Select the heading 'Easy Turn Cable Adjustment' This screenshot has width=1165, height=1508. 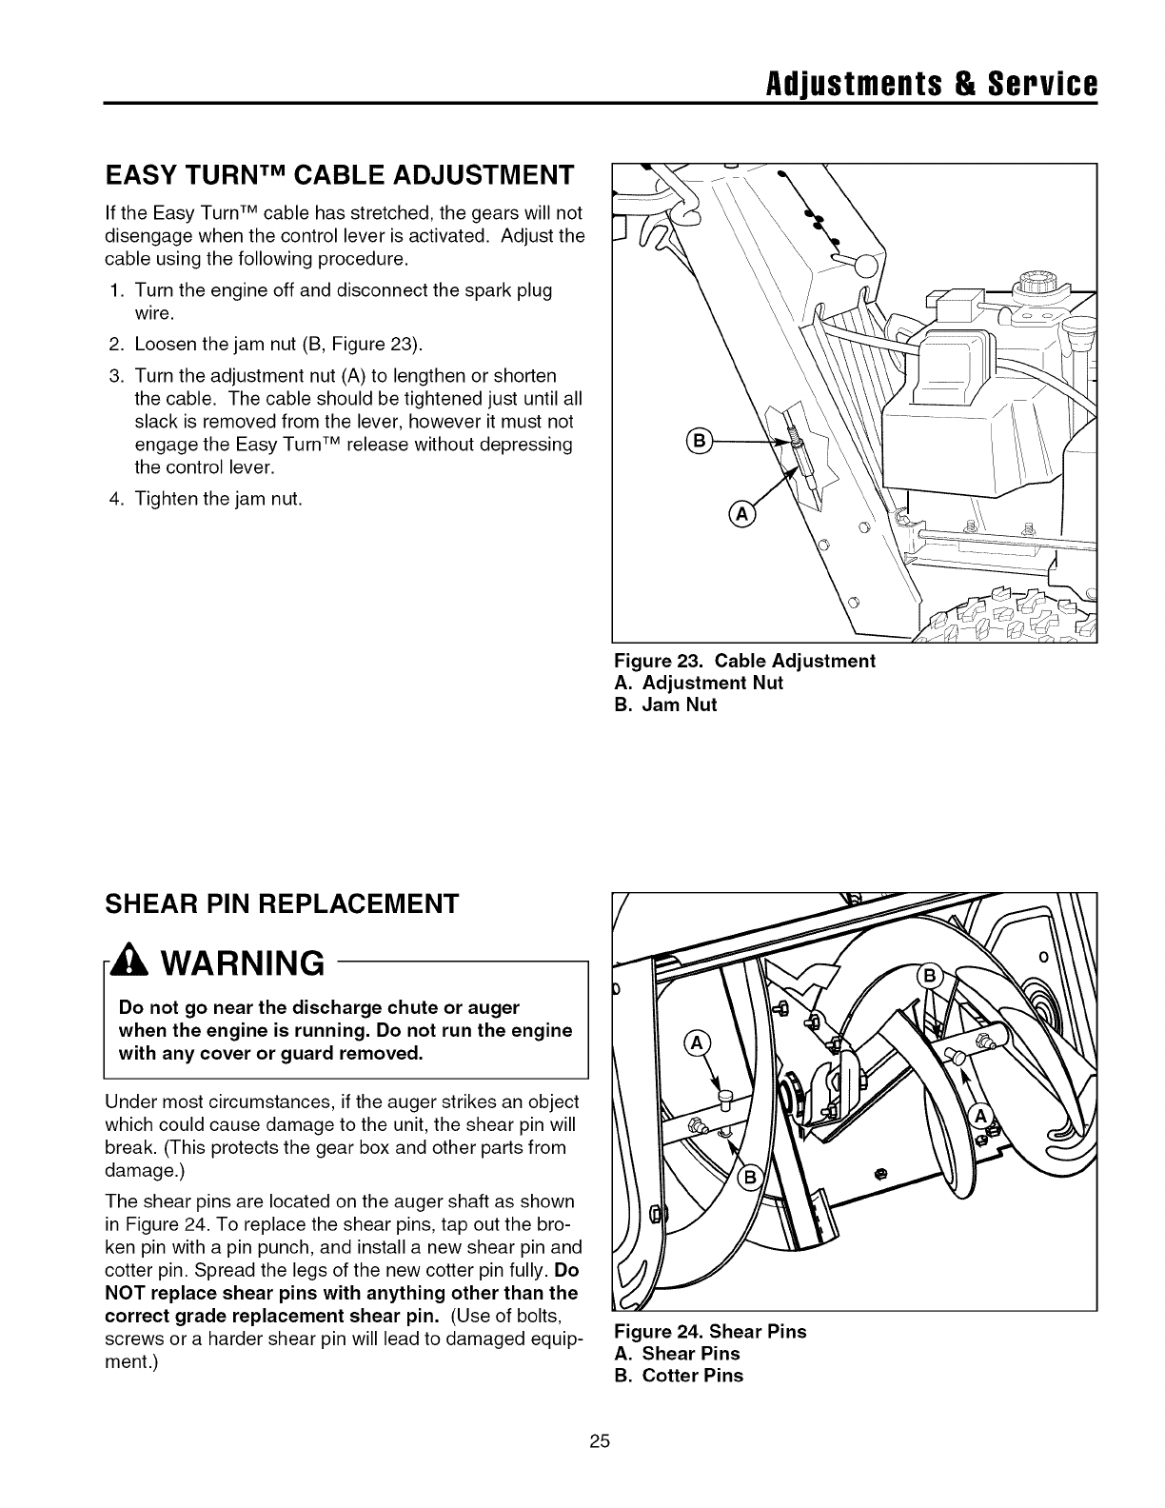coord(340,175)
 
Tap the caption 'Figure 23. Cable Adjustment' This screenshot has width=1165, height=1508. coord(744,661)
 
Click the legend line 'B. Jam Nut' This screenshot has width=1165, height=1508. coord(665,705)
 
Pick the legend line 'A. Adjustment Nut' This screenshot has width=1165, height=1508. coord(699,683)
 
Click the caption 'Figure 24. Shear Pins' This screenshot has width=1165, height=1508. coord(710,1332)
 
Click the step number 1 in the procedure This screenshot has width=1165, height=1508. coord(113,290)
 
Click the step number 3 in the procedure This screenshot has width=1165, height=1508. coord(113,376)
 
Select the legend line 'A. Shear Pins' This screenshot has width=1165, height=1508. coord(677,1354)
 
